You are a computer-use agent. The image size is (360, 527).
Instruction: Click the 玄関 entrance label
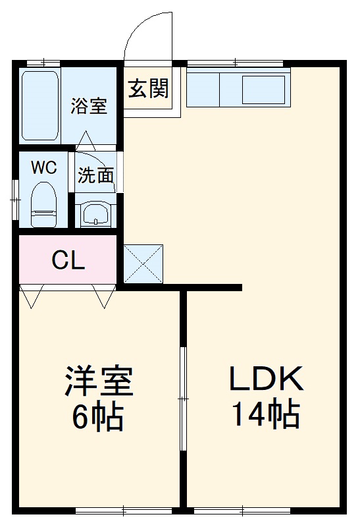(x=148, y=88)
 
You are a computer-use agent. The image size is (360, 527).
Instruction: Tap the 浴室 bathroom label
(x=90, y=106)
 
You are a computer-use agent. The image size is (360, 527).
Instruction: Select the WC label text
(x=44, y=167)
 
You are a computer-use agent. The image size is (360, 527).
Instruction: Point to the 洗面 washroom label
(x=95, y=175)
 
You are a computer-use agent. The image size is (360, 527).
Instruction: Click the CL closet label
(x=68, y=262)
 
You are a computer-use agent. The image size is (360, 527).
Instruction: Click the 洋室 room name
(x=99, y=381)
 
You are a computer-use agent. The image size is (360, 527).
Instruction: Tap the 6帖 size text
(x=99, y=416)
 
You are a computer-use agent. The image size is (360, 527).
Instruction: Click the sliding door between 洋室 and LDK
(x=184, y=399)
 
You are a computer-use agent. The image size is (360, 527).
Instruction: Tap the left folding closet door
(x=31, y=296)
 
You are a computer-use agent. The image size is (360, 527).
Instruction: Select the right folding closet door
(x=104, y=296)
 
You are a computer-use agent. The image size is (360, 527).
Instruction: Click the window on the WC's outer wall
(x=15, y=197)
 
